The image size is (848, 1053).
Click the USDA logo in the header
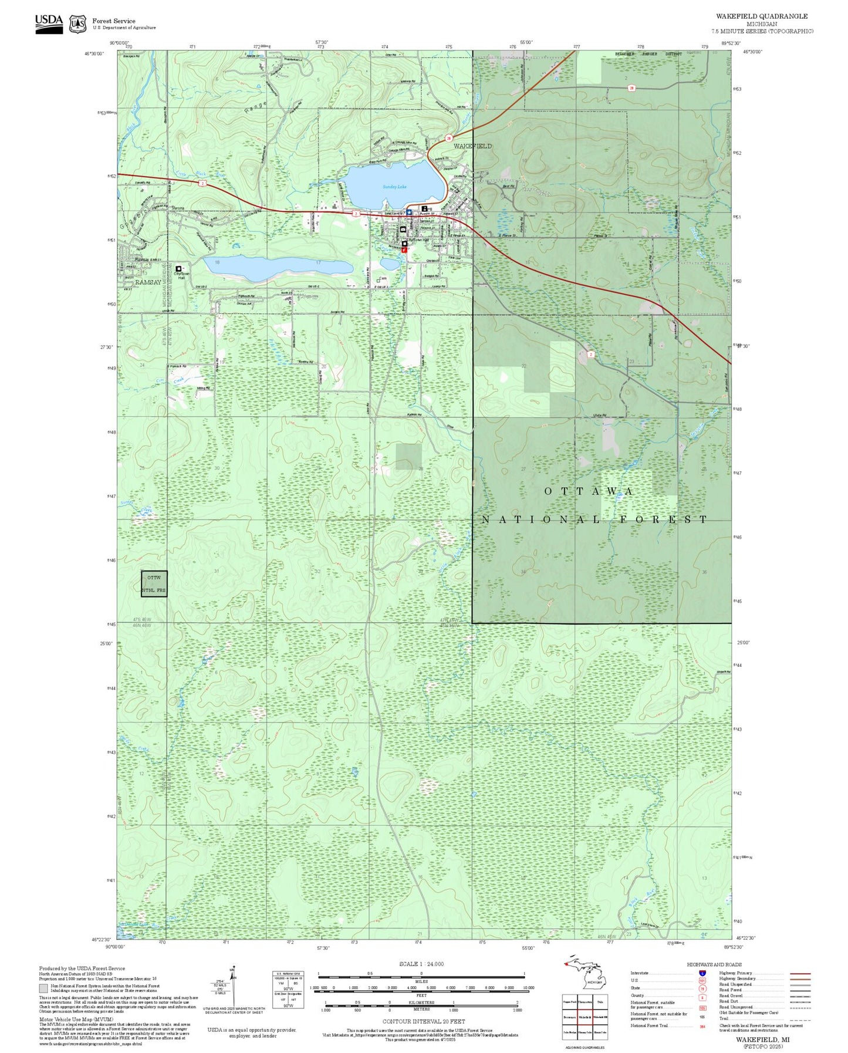click(49, 23)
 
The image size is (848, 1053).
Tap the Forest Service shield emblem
click(77, 24)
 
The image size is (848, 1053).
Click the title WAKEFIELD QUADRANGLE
click(761, 16)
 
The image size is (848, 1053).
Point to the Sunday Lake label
click(394, 187)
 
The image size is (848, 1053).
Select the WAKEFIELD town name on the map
click(472, 146)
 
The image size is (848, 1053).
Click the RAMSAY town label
click(148, 282)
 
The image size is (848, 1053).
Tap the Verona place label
click(177, 208)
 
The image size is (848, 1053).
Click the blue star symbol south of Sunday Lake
click(409, 212)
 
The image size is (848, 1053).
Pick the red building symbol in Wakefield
click(404, 249)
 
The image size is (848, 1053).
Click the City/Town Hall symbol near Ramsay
click(178, 269)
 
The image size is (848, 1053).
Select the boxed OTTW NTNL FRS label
click(154, 583)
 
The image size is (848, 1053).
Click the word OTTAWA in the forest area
click(589, 491)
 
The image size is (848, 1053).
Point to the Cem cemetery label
click(383, 279)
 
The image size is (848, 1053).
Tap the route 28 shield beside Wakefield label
click(448, 139)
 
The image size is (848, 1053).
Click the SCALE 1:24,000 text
click(421, 964)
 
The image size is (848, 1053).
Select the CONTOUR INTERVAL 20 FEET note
click(424, 1022)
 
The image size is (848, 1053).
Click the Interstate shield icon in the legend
click(702, 973)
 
